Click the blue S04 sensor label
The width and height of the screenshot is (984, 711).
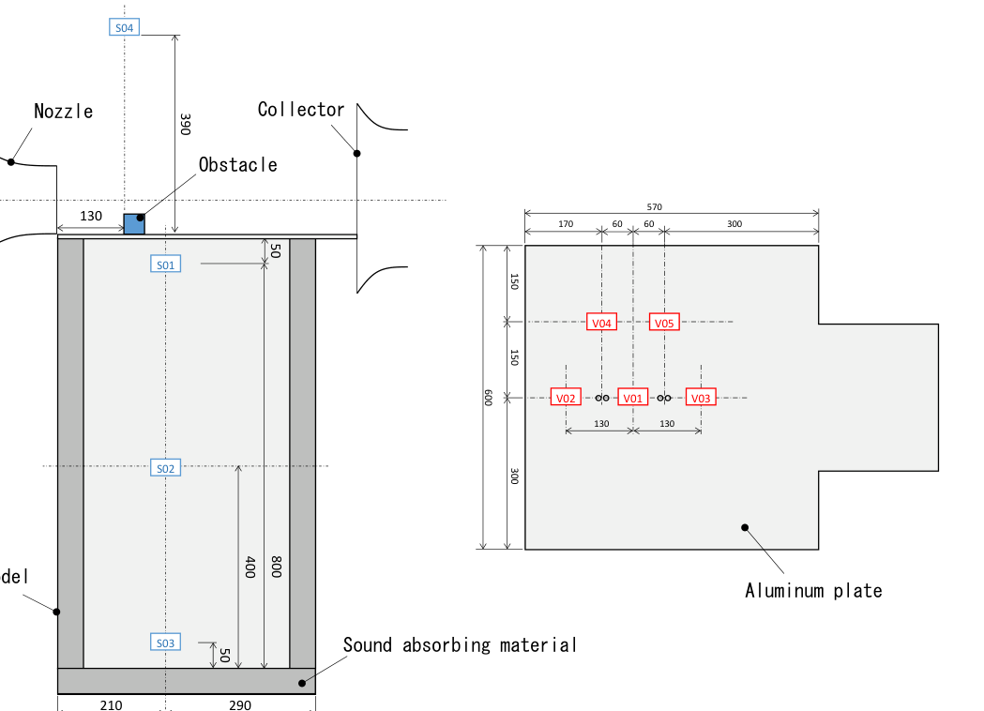tap(125, 27)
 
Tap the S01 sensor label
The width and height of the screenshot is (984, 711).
tap(165, 265)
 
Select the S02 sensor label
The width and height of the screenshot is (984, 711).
tap(165, 467)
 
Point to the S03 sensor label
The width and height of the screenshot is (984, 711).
tap(165, 643)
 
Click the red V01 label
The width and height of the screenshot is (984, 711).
tap(633, 398)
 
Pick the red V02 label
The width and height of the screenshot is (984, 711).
tap(566, 398)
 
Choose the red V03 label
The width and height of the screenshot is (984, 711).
tap(701, 398)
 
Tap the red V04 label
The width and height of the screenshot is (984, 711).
tap(601, 323)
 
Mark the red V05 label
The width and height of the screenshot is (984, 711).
tap(664, 323)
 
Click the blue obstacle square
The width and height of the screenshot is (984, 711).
tap(134, 224)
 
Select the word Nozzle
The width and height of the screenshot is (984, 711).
tap(64, 111)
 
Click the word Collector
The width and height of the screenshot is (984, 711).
tap(301, 110)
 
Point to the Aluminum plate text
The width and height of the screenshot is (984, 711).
tap(813, 590)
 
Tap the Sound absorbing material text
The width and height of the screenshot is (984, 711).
tap(460, 644)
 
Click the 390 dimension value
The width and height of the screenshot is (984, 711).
tap(185, 125)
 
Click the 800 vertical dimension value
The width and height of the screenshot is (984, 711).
tap(275, 566)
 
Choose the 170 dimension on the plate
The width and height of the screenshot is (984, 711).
tap(564, 224)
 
